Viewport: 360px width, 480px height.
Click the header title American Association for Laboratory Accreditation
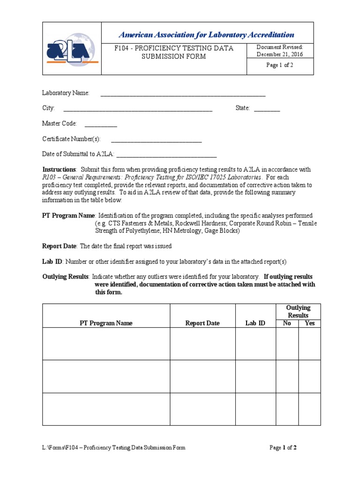click(206, 35)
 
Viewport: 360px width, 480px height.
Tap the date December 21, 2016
click(280, 54)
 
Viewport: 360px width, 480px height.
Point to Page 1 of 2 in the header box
click(280, 65)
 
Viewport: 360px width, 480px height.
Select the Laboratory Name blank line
click(183, 94)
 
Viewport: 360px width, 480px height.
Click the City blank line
click(138, 109)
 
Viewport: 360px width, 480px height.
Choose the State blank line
click(267, 109)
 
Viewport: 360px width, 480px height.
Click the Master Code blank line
click(101, 124)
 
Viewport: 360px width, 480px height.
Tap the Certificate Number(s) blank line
click(156, 140)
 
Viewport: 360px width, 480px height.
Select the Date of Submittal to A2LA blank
click(166, 155)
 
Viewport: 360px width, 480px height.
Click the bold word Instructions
click(59, 169)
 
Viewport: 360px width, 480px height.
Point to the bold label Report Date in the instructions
click(60, 246)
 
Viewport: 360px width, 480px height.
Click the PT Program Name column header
click(106, 323)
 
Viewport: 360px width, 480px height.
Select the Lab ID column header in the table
click(255, 323)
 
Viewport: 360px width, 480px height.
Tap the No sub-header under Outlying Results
click(287, 323)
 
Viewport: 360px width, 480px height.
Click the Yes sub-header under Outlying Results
click(310, 323)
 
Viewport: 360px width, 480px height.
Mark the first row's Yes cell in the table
click(310, 344)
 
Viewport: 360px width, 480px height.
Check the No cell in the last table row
click(287, 409)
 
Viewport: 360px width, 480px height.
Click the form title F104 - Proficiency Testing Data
click(174, 48)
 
